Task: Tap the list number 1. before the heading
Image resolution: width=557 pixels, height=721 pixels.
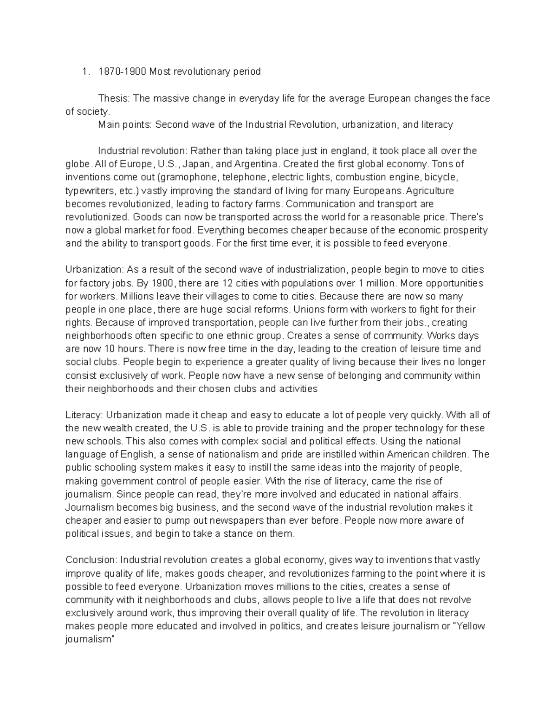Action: (x=84, y=71)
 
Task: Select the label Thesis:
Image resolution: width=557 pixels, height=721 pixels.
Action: (x=114, y=98)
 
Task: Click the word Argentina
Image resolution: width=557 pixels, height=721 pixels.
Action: (x=257, y=164)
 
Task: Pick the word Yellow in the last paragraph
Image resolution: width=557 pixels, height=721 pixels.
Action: (x=471, y=626)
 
